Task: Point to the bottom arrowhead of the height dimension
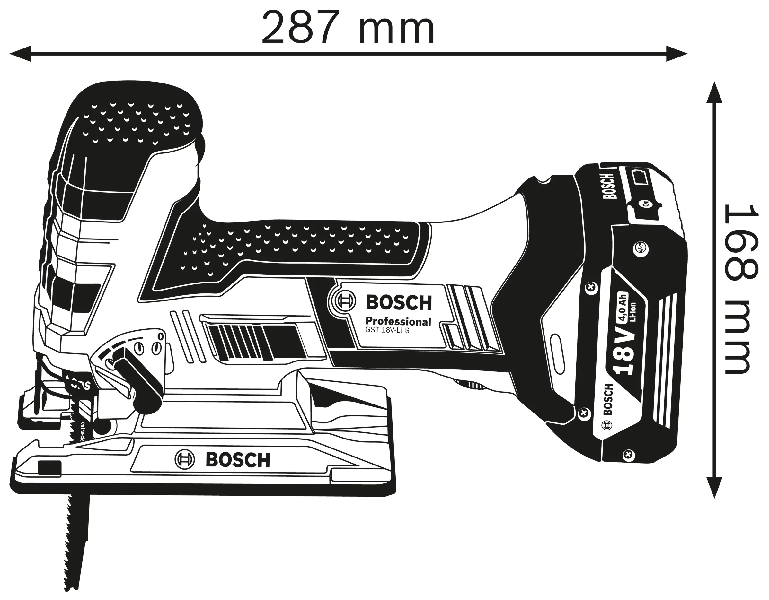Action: tap(714, 487)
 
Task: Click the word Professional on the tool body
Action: tap(398, 321)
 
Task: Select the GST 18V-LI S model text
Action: tap(387, 331)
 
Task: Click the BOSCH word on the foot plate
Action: tap(238, 460)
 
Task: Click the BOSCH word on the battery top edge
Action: tap(609, 186)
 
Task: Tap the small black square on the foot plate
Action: tap(49, 468)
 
